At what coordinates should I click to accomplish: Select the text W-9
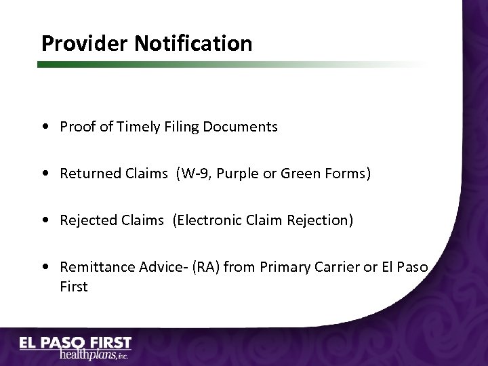coord(191,174)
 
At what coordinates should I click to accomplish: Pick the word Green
coord(296,174)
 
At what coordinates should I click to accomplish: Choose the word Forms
coord(346,174)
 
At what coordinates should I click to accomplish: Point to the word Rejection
coord(321,220)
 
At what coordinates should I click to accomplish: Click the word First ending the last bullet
coord(74,287)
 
